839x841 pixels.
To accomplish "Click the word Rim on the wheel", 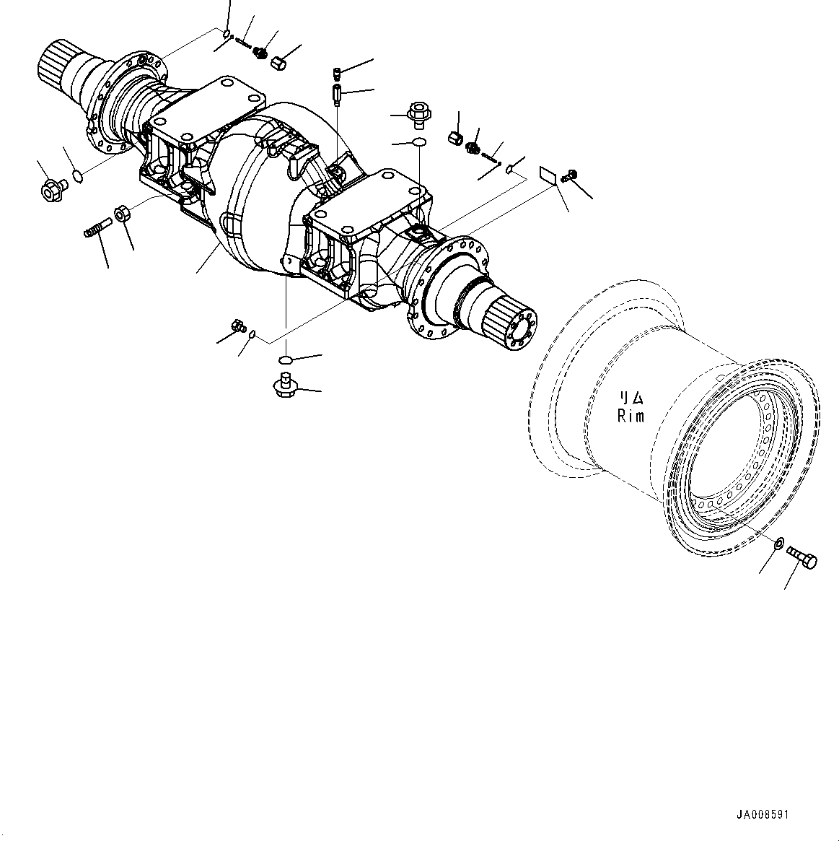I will [x=631, y=416].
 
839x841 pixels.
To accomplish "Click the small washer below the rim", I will [x=779, y=543].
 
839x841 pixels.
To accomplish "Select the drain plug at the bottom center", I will [x=285, y=384].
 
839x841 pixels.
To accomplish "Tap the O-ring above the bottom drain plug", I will [x=286, y=360].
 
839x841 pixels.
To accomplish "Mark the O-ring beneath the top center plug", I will [x=418, y=142].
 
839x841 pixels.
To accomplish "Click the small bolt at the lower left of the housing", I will [x=237, y=327].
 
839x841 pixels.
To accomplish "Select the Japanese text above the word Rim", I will [x=631, y=398].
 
